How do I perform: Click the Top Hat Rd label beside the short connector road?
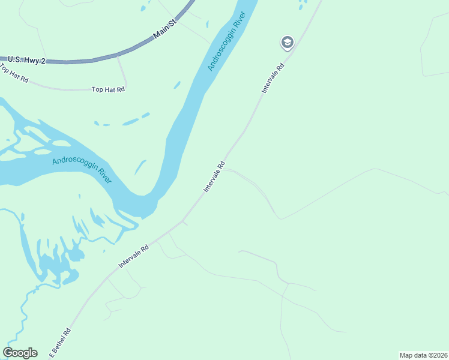(108, 89)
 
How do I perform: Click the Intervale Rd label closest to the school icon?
(272, 75)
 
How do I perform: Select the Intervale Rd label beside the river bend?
(214, 176)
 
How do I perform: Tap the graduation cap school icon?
(287, 42)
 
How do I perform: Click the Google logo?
(20, 353)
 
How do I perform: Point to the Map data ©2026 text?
(423, 355)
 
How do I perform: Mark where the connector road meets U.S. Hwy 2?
(118, 57)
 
